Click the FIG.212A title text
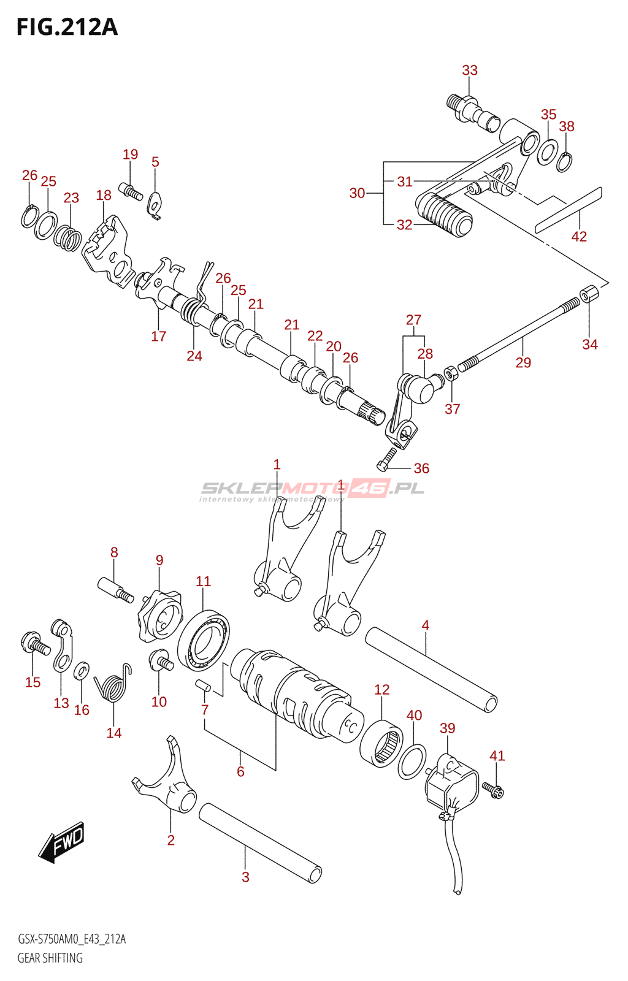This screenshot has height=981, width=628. pos(67,27)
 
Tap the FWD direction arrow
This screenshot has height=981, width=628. pos(61,842)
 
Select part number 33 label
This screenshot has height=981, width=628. pos(470,71)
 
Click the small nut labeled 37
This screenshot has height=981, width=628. pos(450,373)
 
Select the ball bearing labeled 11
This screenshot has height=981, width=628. pos(204,640)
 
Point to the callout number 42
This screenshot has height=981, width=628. pos(579,237)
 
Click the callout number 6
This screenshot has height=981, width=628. pos(240,771)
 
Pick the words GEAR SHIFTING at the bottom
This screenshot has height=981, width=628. pos(50,958)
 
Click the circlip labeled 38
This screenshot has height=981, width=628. pos(565,161)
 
